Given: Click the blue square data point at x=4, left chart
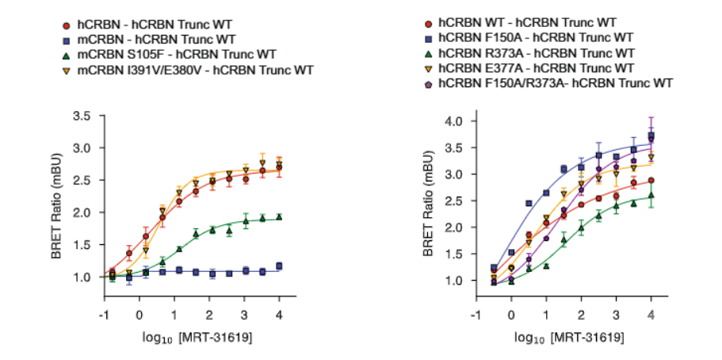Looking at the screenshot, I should point(278,266).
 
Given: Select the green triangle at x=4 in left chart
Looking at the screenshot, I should point(278,216).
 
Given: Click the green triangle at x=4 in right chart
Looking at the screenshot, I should point(650,195).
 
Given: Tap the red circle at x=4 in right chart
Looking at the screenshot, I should point(650,181).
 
